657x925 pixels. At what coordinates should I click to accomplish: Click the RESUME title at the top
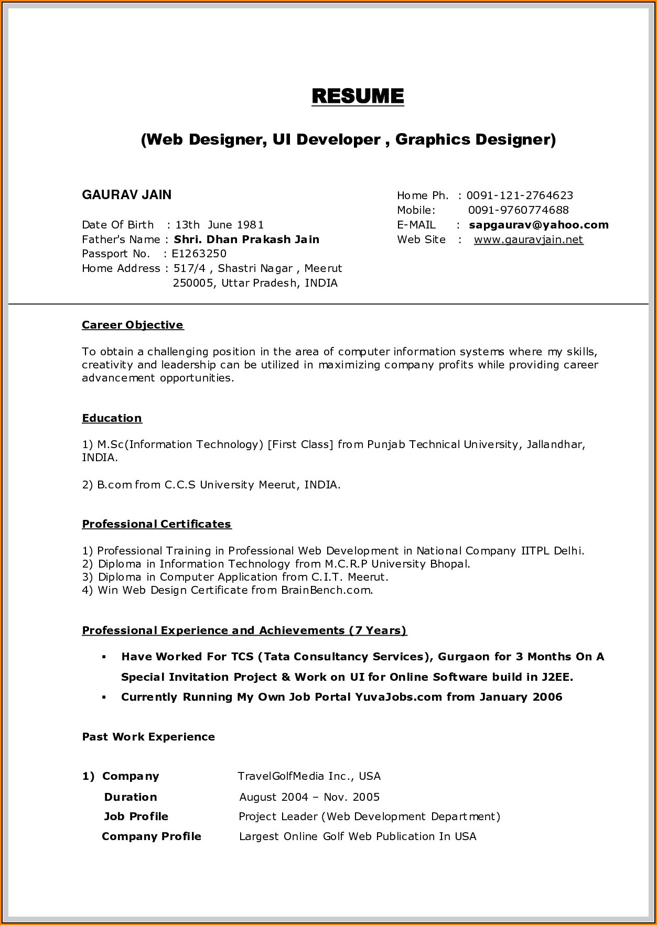click(358, 96)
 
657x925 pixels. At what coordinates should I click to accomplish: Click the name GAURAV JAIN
click(126, 195)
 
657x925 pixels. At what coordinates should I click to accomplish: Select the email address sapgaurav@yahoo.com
click(538, 225)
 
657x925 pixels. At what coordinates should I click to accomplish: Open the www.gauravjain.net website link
click(528, 240)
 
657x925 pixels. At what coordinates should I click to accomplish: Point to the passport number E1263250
click(199, 254)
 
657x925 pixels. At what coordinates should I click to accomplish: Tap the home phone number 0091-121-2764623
click(519, 195)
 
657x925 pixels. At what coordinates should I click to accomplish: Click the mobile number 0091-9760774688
click(518, 210)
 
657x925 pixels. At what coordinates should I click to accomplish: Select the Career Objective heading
click(133, 325)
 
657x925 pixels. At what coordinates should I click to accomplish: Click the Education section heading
click(112, 418)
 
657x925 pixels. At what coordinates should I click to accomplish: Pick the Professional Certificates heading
click(156, 524)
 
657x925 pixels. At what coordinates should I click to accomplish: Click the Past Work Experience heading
click(148, 737)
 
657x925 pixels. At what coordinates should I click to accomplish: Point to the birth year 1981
click(250, 225)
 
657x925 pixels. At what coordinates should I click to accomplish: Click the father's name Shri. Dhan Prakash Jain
click(246, 240)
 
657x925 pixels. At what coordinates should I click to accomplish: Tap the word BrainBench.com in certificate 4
click(327, 590)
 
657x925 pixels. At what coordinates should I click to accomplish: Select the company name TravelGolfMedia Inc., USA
click(309, 776)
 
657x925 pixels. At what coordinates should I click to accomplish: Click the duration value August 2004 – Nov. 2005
click(309, 797)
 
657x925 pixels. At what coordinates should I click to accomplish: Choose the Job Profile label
click(136, 817)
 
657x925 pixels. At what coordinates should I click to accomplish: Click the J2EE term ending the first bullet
click(557, 677)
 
